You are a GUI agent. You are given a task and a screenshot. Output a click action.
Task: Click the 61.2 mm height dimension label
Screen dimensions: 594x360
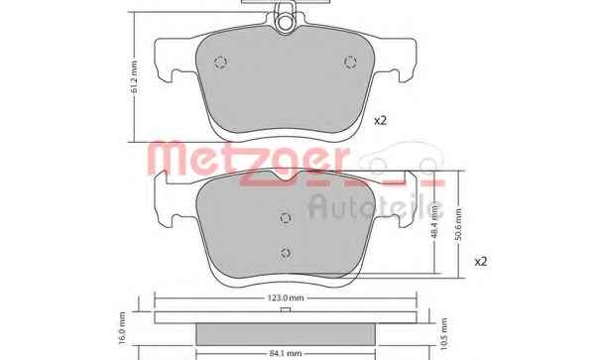point(134,77)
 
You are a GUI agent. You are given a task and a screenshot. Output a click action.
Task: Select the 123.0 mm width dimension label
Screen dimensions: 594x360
point(286,298)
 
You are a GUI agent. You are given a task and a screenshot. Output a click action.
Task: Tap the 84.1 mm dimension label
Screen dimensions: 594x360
point(286,354)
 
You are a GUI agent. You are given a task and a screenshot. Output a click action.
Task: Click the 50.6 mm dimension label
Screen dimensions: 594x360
point(458,224)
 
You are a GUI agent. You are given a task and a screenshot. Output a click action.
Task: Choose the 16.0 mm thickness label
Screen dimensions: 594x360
point(122,328)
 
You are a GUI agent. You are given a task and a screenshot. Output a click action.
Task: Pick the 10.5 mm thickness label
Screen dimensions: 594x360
point(444,334)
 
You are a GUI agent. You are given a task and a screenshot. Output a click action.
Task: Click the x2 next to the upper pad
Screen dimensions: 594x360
point(380,121)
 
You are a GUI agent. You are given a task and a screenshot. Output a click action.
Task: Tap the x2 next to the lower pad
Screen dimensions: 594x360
point(481,262)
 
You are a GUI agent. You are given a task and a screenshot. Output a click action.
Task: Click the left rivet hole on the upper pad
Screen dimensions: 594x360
point(221,61)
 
